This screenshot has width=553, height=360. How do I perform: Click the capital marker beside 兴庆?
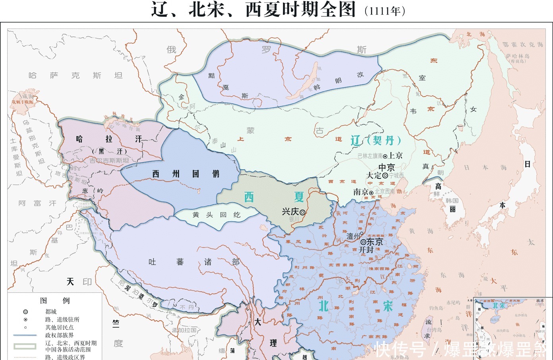point(302,213)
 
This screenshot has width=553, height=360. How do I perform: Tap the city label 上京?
point(396,156)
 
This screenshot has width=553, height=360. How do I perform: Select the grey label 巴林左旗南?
point(370,156)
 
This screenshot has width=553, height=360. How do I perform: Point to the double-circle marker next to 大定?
point(385,175)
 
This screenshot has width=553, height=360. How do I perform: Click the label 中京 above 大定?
point(386,167)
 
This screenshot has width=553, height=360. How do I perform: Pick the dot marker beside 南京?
point(371,192)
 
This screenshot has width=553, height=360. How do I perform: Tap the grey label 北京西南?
point(385,192)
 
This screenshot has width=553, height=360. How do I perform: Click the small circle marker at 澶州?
point(362,233)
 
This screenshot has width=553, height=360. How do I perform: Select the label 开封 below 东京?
point(366,250)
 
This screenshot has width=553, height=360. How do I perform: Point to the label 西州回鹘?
point(186,174)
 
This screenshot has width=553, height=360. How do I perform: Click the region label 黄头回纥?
point(217,215)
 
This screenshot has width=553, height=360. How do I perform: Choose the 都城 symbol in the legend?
point(25,312)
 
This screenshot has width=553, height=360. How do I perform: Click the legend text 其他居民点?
point(59,327)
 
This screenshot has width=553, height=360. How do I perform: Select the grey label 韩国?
point(452,201)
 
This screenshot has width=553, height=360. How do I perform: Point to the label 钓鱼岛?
point(436,308)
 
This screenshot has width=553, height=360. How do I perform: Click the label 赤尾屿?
point(453,303)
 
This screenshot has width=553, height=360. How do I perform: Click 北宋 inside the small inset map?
point(499,306)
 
